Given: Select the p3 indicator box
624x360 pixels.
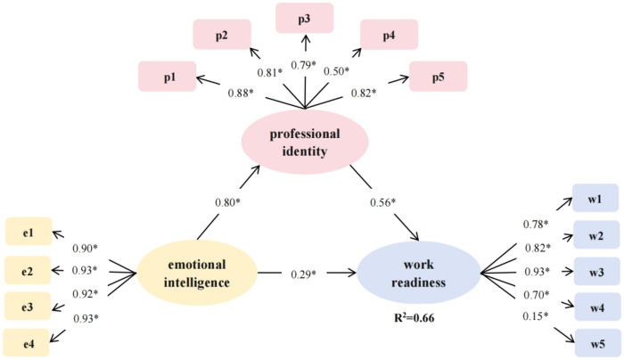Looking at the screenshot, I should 305,18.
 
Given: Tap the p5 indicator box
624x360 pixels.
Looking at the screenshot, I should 437,77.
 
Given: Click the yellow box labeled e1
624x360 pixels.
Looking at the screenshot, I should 29,233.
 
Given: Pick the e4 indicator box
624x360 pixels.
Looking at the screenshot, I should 29,341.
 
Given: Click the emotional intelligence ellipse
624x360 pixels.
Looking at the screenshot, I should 196,270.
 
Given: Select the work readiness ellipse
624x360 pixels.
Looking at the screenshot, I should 417,270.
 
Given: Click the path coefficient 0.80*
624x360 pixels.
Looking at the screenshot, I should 228,202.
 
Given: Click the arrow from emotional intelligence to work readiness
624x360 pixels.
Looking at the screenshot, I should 308,271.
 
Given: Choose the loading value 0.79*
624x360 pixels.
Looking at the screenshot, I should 306,64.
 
